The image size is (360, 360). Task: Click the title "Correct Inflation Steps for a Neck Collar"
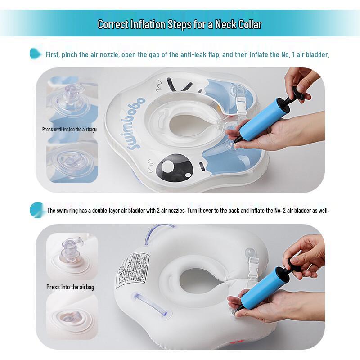[180, 24]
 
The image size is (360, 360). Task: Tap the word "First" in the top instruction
[54, 55]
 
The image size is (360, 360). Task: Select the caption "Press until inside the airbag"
[69, 129]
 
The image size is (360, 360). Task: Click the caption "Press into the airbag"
[70, 287]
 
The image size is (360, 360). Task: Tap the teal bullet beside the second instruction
[36, 210]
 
